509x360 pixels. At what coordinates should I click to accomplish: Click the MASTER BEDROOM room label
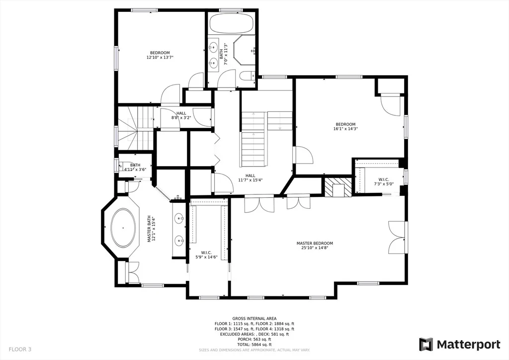pos(315,243)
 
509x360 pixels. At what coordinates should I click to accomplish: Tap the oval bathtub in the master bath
pos(123,228)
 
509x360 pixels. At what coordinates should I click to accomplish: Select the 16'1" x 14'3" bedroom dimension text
pos(345,129)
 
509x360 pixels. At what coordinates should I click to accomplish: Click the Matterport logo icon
pos(426,345)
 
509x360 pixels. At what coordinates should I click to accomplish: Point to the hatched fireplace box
pos(338,187)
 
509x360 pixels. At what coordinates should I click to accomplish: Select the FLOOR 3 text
pos(20,350)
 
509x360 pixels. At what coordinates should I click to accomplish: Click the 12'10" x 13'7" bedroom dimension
pos(160,58)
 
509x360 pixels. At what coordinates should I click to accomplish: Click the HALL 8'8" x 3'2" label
pos(181,115)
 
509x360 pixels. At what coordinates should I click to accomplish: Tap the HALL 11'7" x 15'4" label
pos(251,178)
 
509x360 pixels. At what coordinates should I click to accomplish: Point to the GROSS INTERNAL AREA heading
pos(254,319)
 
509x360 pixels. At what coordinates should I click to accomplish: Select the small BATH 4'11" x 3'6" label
pos(135,167)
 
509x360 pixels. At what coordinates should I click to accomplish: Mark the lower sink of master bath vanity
pos(179,241)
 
